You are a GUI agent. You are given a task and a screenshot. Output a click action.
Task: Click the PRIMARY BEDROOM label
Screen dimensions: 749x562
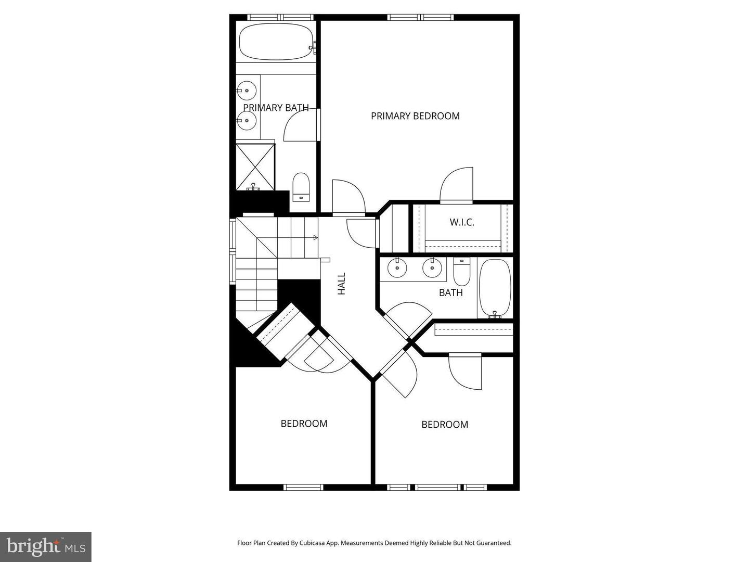(415, 116)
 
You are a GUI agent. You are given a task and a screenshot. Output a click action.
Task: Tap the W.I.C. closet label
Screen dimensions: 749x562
(462, 223)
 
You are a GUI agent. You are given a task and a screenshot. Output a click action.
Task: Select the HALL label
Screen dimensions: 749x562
(342, 284)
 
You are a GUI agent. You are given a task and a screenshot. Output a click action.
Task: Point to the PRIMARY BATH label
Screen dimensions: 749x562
(276, 108)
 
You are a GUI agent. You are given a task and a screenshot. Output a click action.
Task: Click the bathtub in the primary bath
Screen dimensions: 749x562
(276, 42)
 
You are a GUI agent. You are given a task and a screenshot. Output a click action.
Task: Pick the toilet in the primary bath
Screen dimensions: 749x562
(301, 187)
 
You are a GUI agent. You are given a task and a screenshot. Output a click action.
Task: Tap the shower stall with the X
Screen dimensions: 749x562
(255, 167)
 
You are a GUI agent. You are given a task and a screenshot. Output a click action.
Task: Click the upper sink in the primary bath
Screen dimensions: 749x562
(246, 91)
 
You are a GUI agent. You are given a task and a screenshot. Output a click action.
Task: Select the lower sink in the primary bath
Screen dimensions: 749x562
(246, 120)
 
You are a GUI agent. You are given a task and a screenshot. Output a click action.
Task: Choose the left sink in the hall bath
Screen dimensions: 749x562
(397, 268)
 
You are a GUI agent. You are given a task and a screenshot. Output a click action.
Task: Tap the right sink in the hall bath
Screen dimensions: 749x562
(432, 268)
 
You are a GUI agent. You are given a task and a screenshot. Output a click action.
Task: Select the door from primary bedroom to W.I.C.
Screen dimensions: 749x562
(457, 185)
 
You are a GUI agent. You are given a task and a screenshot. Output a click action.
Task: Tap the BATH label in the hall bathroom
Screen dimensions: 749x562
(451, 293)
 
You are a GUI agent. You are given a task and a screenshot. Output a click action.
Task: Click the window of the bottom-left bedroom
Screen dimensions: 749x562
(303, 487)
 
